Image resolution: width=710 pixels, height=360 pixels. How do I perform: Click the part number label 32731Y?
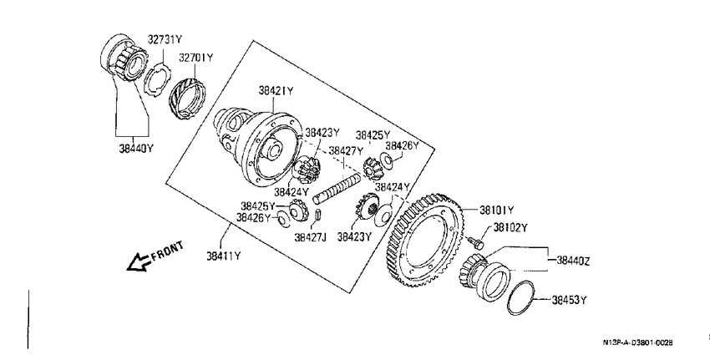point(165,40)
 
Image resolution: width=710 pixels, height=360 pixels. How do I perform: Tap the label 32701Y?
point(195,58)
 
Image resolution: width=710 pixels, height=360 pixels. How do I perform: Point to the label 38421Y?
point(276,90)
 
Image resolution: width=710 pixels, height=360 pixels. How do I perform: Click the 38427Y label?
point(346,150)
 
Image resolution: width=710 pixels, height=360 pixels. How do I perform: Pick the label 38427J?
point(310,237)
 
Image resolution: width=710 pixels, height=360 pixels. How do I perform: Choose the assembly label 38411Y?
point(224,256)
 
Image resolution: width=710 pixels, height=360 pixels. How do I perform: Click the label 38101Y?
point(497,210)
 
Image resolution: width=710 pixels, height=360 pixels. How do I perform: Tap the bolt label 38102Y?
point(510,227)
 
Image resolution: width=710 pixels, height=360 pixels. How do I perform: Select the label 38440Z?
point(573,261)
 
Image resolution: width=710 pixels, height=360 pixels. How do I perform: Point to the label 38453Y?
point(569,300)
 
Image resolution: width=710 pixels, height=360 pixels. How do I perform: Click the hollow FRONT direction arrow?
point(139,262)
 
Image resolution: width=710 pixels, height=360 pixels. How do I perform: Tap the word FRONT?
point(168,251)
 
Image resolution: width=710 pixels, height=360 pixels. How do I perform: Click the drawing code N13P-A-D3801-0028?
point(637,342)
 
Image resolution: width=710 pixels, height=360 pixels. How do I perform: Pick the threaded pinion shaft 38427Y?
point(339,186)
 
